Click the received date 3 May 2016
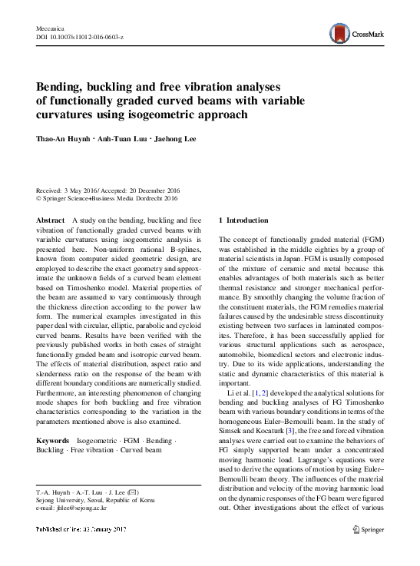pos(84,190)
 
